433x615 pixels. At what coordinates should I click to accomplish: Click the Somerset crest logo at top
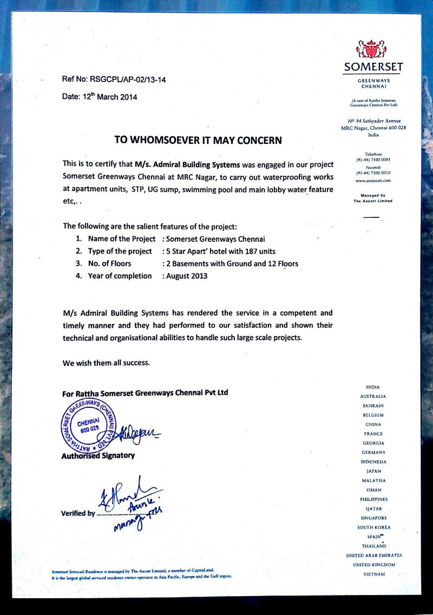(x=373, y=50)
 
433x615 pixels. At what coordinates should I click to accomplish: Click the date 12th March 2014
(x=100, y=97)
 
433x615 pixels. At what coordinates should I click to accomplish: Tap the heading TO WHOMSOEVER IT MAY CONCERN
(x=198, y=140)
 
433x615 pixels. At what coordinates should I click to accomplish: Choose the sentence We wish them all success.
(x=105, y=362)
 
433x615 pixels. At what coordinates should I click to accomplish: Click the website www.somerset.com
(x=373, y=180)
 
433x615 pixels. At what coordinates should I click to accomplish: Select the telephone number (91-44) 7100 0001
(x=373, y=160)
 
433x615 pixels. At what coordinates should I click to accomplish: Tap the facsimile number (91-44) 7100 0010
(x=373, y=173)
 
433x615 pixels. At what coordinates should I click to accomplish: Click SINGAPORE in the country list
(x=373, y=518)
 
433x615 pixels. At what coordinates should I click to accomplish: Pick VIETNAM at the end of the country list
(x=373, y=574)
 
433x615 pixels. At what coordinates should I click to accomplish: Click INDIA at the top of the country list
(x=373, y=387)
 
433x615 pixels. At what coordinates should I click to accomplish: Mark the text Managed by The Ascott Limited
(x=373, y=198)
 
